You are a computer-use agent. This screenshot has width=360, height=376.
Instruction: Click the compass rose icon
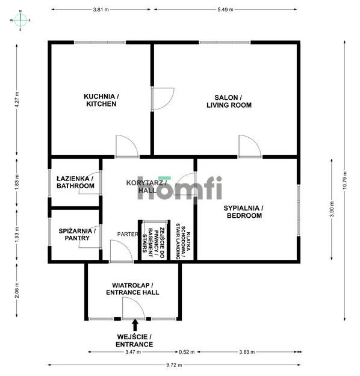pyautogui.click(x=20, y=20)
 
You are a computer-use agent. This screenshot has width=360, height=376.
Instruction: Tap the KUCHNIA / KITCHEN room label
pyautogui.click(x=101, y=100)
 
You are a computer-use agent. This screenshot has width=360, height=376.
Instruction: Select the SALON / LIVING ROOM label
pyautogui.click(x=229, y=100)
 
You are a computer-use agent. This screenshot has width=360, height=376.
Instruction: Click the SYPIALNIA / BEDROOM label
pyautogui.click(x=243, y=212)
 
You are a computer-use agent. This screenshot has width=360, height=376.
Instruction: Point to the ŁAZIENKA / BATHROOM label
pyautogui.click(x=75, y=182)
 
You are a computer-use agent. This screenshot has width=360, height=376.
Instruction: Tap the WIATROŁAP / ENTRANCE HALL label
pyautogui.click(x=135, y=288)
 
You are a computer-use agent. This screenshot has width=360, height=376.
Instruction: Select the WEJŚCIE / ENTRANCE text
pyautogui.click(x=134, y=341)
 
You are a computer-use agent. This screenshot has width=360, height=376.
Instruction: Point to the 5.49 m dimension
pyautogui.click(x=226, y=10)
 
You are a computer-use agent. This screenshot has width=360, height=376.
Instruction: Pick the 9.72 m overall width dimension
pyautogui.click(x=173, y=365)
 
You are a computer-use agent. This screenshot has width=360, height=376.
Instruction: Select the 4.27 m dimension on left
pyautogui.click(x=17, y=100)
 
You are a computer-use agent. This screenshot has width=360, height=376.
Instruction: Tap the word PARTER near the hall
pyautogui.click(x=127, y=235)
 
